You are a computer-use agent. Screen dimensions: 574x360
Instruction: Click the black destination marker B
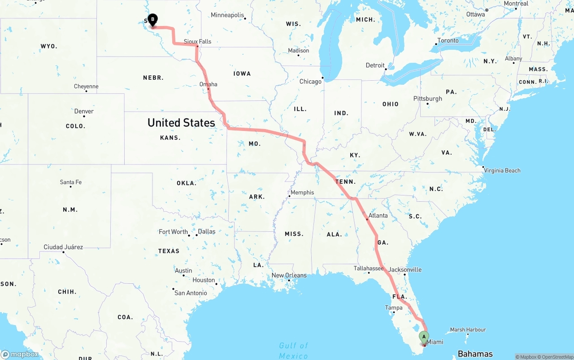152,20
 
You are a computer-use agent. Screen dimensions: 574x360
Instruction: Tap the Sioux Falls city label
197,41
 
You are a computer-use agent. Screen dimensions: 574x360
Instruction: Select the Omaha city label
209,84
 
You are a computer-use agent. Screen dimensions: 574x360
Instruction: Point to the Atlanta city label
378,215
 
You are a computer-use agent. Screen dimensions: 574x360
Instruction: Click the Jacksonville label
405,269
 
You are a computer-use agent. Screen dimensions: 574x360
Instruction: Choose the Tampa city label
394,308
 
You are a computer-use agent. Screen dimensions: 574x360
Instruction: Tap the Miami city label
435,342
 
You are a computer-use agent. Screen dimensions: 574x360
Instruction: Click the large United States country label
181,122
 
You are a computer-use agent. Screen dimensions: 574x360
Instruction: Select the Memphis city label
302,192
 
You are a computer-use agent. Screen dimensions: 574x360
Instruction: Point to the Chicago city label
310,81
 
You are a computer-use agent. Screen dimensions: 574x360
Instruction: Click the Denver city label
84,111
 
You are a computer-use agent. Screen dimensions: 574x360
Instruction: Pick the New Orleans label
289,275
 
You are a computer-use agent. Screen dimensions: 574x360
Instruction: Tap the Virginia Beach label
502,170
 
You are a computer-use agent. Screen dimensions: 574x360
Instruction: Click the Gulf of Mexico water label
294,350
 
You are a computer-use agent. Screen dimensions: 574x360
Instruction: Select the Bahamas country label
475,354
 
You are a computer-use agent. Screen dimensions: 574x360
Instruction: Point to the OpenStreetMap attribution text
556,357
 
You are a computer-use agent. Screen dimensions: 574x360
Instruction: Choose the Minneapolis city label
227,15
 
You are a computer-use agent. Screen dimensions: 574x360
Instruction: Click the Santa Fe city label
71,182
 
